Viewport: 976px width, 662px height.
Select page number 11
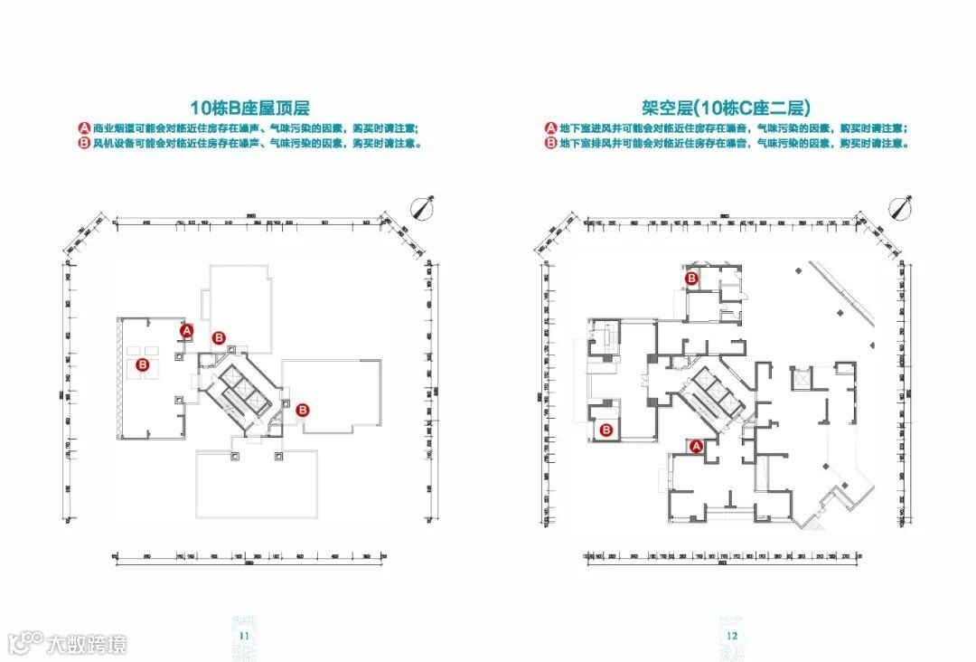244,636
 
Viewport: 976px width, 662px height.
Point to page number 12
732,636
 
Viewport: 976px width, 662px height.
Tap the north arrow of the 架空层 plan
900,208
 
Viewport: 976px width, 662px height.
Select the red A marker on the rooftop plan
187,331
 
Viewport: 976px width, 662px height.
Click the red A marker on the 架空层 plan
696,446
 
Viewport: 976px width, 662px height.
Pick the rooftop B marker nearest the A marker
219,338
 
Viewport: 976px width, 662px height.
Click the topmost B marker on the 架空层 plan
691,279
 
